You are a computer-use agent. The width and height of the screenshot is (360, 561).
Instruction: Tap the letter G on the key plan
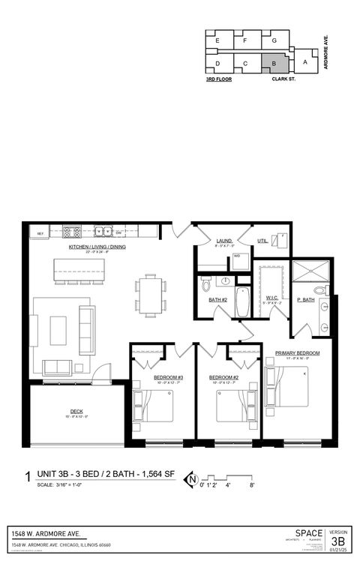[x=274, y=40]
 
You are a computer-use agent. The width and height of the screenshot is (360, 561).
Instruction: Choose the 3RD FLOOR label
[x=218, y=77]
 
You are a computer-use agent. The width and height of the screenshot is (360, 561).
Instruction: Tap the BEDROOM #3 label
[x=168, y=377]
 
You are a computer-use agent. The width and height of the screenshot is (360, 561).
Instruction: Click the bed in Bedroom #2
[x=237, y=405]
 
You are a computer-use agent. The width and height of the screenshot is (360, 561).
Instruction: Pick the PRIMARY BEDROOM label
[x=297, y=352]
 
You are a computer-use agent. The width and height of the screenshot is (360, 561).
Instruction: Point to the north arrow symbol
[x=193, y=478]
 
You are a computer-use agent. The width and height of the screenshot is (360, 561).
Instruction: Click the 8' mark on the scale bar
[x=253, y=485]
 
